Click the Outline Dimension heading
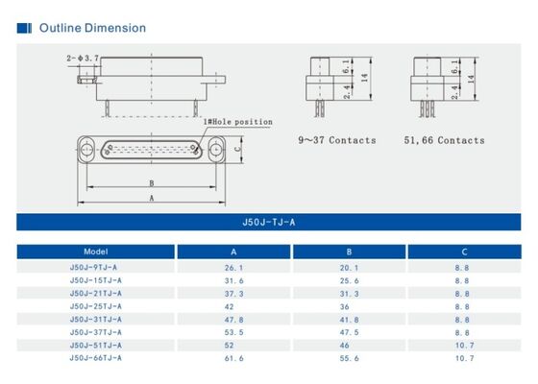pyautogui.click(x=92, y=28)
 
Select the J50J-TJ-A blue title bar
pyautogui.click(x=269, y=222)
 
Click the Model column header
pyautogui.click(x=95, y=252)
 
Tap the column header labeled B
pyautogui.click(x=350, y=252)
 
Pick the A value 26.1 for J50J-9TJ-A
pyautogui.click(x=233, y=267)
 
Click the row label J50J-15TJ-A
pyautogui.click(x=95, y=279)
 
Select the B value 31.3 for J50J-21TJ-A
pyautogui.click(x=350, y=293)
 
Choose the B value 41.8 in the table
pyautogui.click(x=350, y=319)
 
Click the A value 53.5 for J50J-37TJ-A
pyautogui.click(x=233, y=332)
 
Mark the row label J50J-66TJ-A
pyautogui.click(x=95, y=357)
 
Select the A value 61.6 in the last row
pyautogui.click(x=233, y=357)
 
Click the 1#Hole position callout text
pyautogui.click(x=237, y=122)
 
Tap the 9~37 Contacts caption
pyautogui.click(x=336, y=140)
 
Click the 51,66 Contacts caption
pyautogui.click(x=444, y=140)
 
